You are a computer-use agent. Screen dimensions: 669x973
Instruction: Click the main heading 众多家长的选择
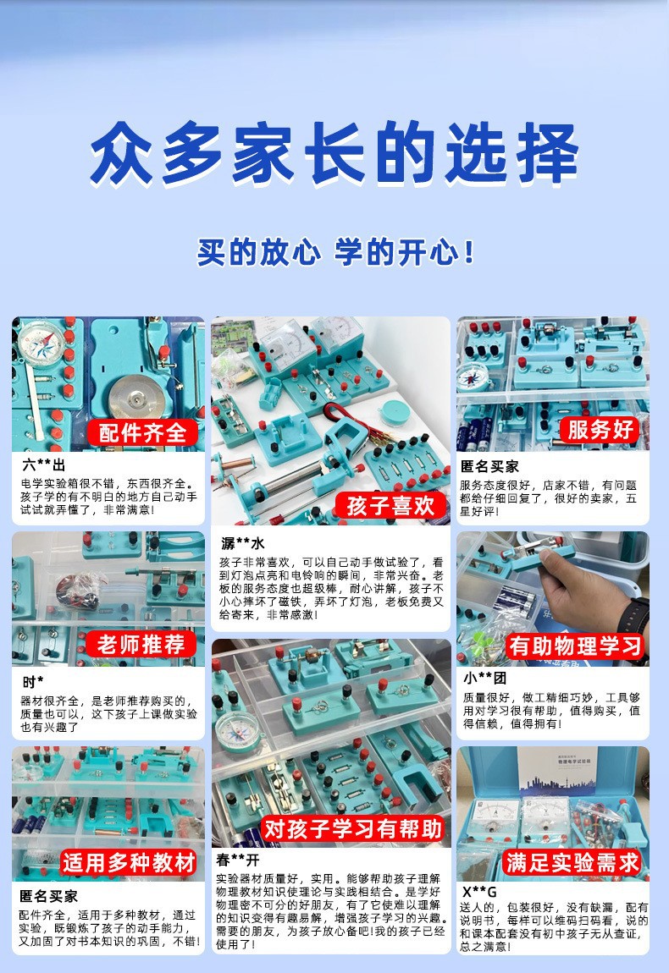point(334,154)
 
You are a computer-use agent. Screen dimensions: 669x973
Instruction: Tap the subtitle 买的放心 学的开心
point(335,252)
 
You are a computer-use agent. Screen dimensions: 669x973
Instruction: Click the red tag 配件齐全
point(142,432)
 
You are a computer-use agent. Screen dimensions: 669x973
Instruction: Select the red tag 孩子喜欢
point(390,505)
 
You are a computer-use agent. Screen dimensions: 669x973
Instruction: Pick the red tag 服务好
point(600,430)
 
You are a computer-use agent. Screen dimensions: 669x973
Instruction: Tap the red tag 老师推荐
point(141,644)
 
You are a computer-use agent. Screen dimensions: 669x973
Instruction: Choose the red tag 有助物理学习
point(575,646)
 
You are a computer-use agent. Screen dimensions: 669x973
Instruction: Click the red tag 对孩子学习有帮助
point(353,829)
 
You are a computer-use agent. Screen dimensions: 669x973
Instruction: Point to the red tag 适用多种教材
point(130,862)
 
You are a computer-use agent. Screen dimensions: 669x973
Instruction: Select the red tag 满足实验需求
point(572,862)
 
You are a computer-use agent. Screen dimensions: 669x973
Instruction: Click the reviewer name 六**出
point(43,465)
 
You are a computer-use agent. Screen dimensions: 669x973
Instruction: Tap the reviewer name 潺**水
point(243,543)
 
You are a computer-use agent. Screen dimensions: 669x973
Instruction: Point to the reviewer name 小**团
point(485,679)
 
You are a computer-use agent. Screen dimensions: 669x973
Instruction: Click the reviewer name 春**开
point(238,860)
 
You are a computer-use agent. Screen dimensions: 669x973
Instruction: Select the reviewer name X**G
point(479,892)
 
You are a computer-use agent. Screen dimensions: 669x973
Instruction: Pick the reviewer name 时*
point(33,682)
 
